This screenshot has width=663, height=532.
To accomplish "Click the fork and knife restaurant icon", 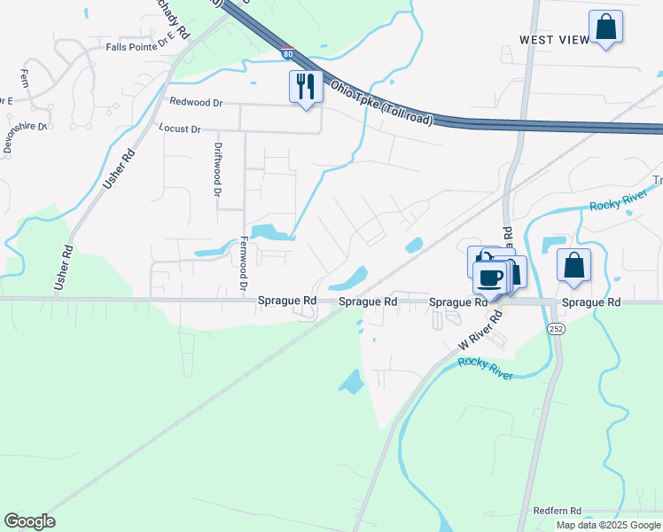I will click(x=306, y=87).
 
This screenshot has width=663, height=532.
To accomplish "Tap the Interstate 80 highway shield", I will click(x=287, y=54).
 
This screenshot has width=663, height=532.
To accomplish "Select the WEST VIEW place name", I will click(x=553, y=41).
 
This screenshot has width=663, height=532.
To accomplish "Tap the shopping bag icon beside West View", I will click(x=606, y=27).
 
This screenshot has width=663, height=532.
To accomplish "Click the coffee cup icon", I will click(x=489, y=278).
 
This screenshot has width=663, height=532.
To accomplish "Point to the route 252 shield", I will click(x=556, y=328).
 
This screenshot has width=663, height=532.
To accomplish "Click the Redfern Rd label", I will click(x=557, y=511).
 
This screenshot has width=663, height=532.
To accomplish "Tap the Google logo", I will click(x=29, y=521).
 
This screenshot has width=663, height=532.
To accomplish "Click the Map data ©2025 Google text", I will click(x=607, y=525).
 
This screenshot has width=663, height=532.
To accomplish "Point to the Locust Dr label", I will click(x=180, y=129).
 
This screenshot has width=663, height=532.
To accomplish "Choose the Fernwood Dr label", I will click(x=242, y=263).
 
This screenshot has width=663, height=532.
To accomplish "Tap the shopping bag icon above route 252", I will click(x=573, y=265).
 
